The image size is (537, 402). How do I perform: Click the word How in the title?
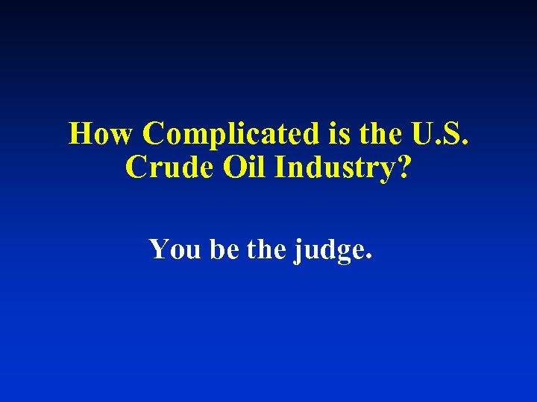[x=101, y=134]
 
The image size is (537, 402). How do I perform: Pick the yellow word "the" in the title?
[x=380, y=134]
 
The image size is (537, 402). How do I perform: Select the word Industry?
[x=333, y=168]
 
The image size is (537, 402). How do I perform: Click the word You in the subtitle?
[x=175, y=249]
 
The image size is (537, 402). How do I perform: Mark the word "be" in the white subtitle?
[x=223, y=249]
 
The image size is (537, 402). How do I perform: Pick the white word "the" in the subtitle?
[x=266, y=249]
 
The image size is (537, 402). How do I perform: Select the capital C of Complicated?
[x=156, y=134]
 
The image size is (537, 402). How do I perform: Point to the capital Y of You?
[x=160, y=249]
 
